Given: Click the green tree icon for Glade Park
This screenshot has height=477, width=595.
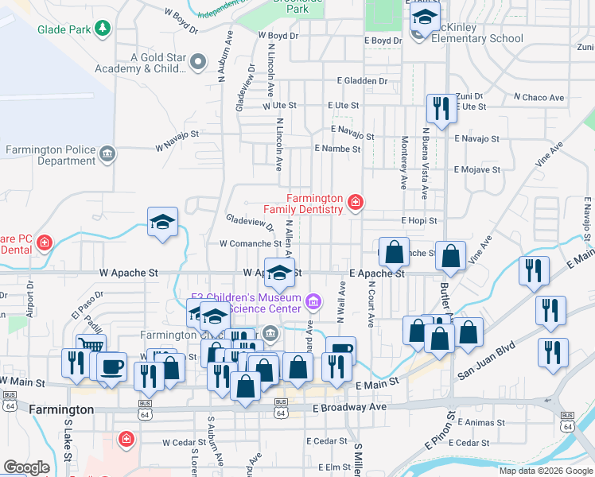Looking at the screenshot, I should [x=102, y=29].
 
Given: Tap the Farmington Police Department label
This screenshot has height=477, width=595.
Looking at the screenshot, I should [x=50, y=154].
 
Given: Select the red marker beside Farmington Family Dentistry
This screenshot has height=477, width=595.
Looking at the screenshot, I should [x=355, y=204].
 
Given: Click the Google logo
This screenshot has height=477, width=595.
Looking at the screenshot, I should [x=26, y=467].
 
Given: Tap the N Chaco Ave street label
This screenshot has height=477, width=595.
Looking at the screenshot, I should [x=539, y=98].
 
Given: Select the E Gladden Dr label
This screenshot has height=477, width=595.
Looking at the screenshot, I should [x=362, y=81].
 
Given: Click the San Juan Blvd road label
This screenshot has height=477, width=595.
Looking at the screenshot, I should [x=485, y=359].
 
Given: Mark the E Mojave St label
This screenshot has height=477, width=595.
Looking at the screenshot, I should [x=476, y=169].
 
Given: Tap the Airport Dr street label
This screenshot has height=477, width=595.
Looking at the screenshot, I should [x=29, y=297].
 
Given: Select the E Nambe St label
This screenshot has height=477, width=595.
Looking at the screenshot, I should [x=337, y=149].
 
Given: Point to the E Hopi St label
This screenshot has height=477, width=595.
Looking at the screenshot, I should [x=419, y=220].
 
